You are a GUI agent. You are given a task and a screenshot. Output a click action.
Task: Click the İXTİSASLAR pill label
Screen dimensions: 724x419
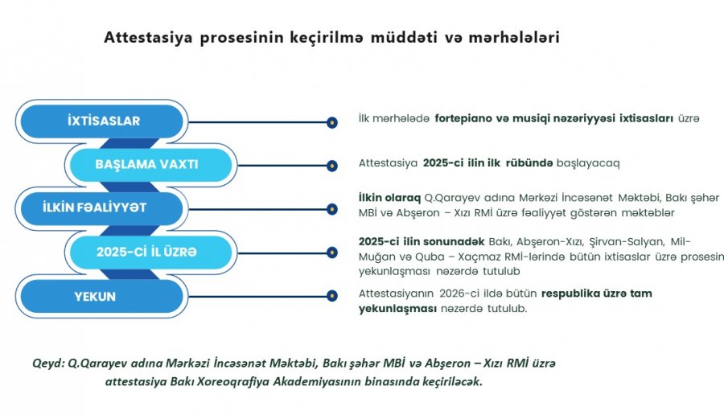pyautogui.click(x=102, y=121)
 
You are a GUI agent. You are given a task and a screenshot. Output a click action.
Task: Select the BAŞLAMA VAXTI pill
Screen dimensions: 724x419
pyautogui.click(x=151, y=165)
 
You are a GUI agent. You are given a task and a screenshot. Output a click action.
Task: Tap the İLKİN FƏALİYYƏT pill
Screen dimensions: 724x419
pyautogui.click(x=102, y=208)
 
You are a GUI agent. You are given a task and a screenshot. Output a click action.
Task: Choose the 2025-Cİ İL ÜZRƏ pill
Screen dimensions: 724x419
pyautogui.click(x=151, y=252)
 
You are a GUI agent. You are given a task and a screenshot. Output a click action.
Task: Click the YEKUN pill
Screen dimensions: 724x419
pyautogui.click(x=102, y=296)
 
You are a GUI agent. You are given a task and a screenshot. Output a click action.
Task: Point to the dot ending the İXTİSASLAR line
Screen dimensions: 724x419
pyautogui.click(x=332, y=122)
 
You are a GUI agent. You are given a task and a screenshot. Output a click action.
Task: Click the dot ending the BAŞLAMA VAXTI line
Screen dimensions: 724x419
pyautogui.click(x=332, y=166)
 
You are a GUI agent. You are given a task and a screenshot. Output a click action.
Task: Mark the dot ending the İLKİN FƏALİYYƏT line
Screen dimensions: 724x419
pyautogui.click(x=332, y=209)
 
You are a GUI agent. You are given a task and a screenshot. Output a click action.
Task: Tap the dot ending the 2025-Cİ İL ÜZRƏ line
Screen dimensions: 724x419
pyautogui.click(x=332, y=253)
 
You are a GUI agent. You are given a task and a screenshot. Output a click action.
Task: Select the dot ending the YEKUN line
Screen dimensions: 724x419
pyautogui.click(x=332, y=296)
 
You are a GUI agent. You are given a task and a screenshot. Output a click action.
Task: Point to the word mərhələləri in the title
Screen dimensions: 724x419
pyautogui.click(x=514, y=37)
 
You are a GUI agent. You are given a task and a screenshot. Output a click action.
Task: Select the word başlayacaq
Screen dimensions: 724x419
pyautogui.click(x=588, y=163)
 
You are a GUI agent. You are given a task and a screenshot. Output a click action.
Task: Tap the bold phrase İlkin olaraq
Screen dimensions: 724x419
pyautogui.click(x=389, y=198)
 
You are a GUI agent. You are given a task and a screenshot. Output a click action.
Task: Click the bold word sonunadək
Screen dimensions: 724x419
pyautogui.click(x=454, y=241)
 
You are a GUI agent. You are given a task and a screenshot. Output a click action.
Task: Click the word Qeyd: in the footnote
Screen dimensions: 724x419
pyautogui.click(x=48, y=364)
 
